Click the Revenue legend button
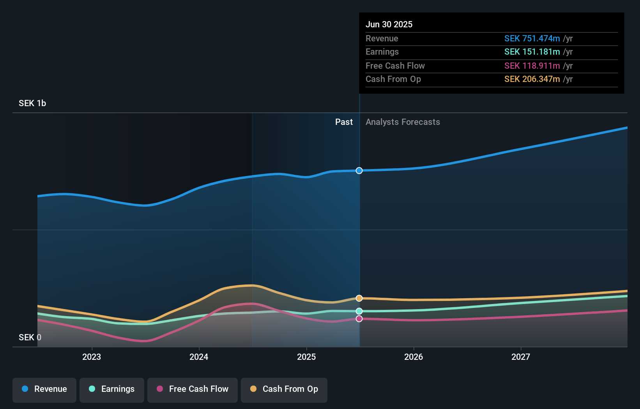tap(44, 389)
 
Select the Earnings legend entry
tap(112, 389)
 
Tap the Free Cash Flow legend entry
tap(193, 389)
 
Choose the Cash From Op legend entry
tap(284, 389)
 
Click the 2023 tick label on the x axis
tap(92, 357)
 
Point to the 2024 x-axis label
tap(199, 357)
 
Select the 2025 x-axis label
tap(306, 357)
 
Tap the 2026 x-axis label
tap(414, 357)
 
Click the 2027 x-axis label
tap(521, 357)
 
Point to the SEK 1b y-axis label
tap(32, 103)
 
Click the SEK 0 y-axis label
tap(30, 337)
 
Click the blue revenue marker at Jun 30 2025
tap(359, 171)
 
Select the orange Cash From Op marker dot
tap(359, 298)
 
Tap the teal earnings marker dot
tap(359, 311)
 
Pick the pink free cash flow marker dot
tap(359, 319)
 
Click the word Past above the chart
tap(344, 122)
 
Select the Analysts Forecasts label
tap(403, 122)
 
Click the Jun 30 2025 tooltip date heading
tap(389, 24)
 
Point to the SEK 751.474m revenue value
tap(532, 39)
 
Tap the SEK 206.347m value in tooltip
tap(532, 79)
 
